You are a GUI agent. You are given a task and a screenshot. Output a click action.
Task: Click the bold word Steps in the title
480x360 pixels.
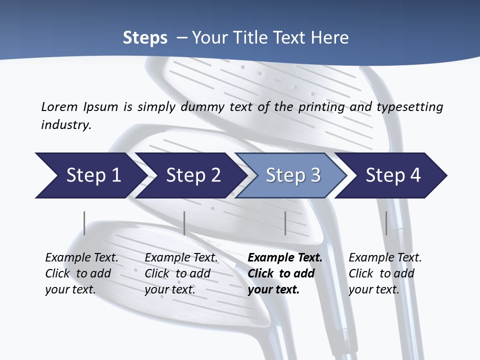pyautogui.click(x=145, y=37)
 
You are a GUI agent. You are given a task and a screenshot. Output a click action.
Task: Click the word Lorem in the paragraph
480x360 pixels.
pyautogui.click(x=59, y=106)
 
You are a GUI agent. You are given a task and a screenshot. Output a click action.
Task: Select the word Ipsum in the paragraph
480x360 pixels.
pyautogui.click(x=100, y=106)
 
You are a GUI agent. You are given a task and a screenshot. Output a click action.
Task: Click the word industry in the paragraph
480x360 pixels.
pyautogui.click(x=65, y=124)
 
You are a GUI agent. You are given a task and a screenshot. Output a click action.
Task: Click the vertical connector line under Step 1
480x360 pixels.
pyautogui.click(x=84, y=223)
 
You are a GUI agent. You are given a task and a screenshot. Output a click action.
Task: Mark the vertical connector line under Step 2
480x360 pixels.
pyautogui.click(x=184, y=223)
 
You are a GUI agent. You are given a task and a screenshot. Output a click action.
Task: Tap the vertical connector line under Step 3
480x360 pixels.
pyautogui.click(x=285, y=223)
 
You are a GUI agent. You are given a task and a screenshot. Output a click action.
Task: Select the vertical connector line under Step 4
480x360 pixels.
pyautogui.click(x=386, y=223)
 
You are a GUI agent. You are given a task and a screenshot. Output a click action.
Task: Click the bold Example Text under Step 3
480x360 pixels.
pyautogui.click(x=285, y=257)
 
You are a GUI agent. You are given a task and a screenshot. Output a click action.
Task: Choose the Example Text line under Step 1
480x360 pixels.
pyautogui.click(x=81, y=257)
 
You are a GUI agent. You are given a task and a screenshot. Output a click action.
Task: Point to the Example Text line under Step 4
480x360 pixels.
pyautogui.click(x=385, y=257)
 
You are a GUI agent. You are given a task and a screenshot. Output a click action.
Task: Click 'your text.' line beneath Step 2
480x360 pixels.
pyautogui.click(x=170, y=289)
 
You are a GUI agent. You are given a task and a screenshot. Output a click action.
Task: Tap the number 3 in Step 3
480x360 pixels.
pyautogui.click(x=315, y=175)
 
